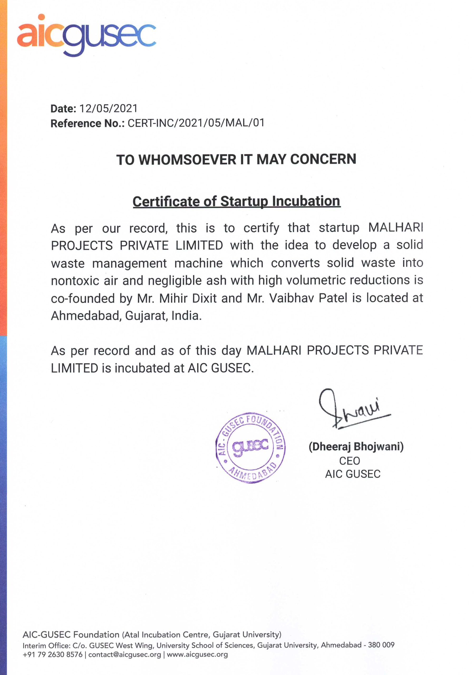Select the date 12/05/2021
[x=108, y=108]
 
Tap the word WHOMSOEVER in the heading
[x=187, y=160]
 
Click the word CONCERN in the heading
[x=323, y=159]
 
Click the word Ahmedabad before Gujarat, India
[x=86, y=316]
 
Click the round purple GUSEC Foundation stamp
[x=250, y=448]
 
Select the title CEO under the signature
[x=349, y=461]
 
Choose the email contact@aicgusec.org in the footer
[x=125, y=654]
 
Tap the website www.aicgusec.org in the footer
[x=197, y=654]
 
